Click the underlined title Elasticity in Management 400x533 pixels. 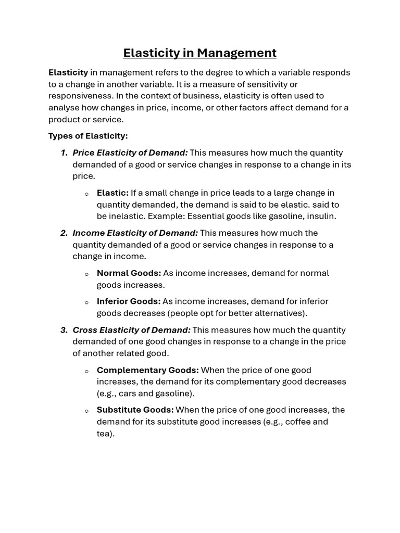click(x=199, y=53)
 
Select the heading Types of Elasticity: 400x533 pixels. click(x=88, y=136)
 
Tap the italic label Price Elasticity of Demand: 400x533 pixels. click(x=130, y=153)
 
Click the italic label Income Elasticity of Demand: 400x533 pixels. click(x=135, y=233)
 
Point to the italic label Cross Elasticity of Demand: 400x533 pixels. click(x=132, y=330)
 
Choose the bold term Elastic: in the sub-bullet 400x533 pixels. click(x=113, y=193)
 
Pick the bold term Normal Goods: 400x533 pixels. click(x=129, y=273)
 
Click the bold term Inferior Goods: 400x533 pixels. click(x=129, y=301)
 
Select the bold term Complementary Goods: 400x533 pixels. click(x=148, y=370)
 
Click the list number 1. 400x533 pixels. click(x=64, y=153)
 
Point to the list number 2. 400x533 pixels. click(x=64, y=233)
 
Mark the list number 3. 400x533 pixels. click(x=64, y=330)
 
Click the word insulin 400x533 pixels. click(x=322, y=216)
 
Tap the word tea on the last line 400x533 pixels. click(x=104, y=433)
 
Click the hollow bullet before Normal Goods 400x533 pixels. click(x=86, y=274)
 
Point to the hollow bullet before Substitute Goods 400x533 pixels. click(x=86, y=411)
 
